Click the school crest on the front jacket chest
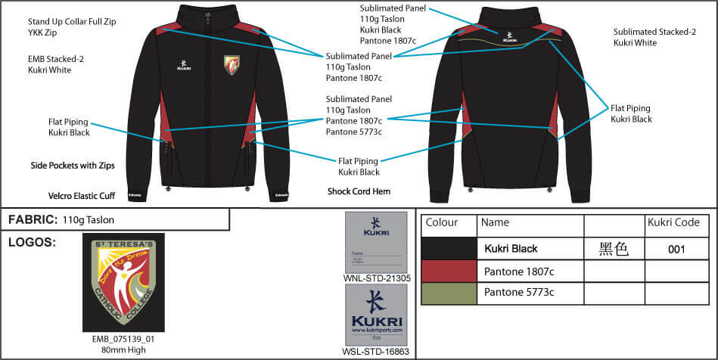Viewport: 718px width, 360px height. point(233,65)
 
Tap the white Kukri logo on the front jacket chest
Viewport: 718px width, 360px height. point(184,63)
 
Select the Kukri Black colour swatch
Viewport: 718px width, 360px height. point(449,249)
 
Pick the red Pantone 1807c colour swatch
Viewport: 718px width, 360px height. point(449,271)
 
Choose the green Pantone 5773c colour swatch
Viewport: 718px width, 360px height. point(449,292)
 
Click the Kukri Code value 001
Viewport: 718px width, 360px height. point(677,249)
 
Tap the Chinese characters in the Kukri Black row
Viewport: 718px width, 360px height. point(614,249)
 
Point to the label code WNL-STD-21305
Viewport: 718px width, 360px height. point(377,278)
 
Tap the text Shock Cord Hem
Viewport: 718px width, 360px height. point(359,191)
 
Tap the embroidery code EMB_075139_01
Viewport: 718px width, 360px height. point(123,340)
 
